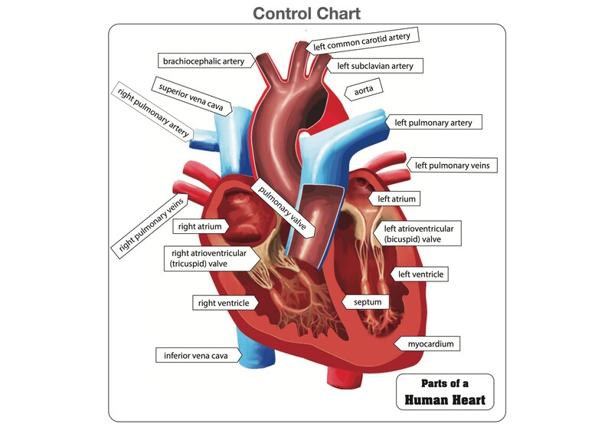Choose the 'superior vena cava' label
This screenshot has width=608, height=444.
tap(191, 97)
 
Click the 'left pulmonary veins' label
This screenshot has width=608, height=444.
tap(455, 165)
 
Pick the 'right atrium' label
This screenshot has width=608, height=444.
tap(201, 227)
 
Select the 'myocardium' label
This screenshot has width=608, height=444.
tap(430, 344)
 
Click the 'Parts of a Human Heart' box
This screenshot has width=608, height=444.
tap(445, 391)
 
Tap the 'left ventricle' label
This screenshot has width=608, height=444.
tap(420, 274)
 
